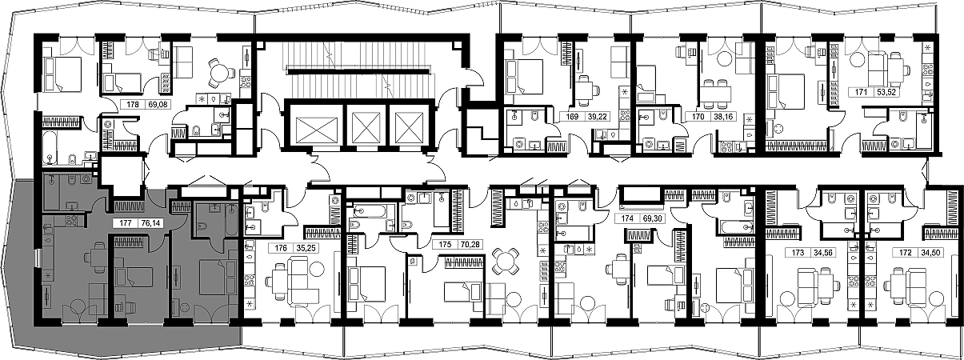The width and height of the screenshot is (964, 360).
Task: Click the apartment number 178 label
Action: tap(133, 104)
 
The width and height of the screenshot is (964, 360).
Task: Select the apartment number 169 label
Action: tap(572, 117)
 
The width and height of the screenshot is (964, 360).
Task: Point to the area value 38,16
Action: tap(723, 117)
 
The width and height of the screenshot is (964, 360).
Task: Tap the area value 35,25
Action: tap(306, 248)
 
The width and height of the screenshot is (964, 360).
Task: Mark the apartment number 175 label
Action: tap(445, 244)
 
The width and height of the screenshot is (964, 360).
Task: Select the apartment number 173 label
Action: tap(798, 253)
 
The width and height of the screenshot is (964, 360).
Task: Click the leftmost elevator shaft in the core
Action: tap(315, 126)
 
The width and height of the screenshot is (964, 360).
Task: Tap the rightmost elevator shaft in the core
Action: tap(410, 126)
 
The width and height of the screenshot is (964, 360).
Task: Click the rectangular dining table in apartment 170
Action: tap(716, 94)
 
